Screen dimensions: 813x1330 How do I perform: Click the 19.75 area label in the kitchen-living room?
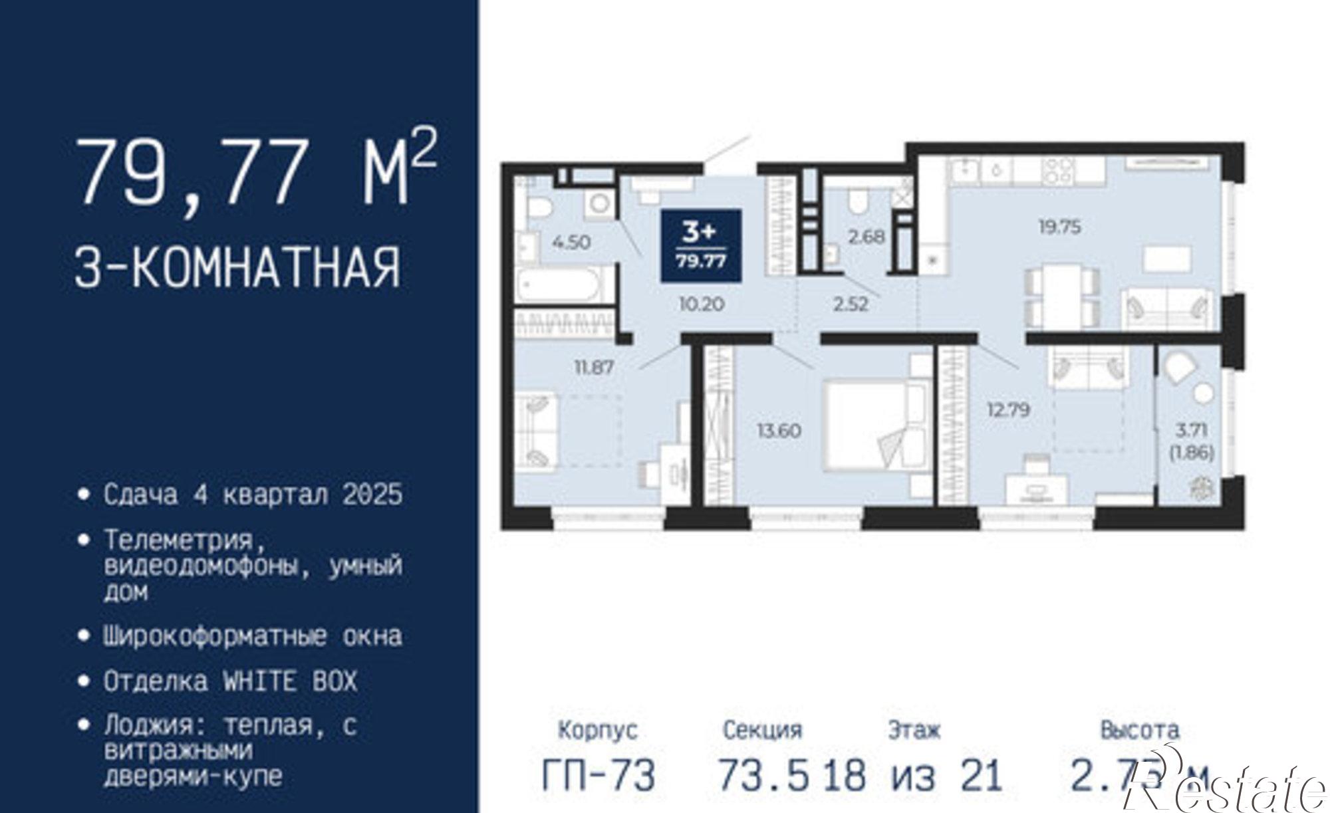(x=1060, y=227)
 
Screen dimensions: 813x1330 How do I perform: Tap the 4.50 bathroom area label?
(x=571, y=242)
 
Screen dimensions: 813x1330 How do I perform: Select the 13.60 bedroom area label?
(x=779, y=431)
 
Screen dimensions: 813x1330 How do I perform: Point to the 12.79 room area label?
(x=1008, y=409)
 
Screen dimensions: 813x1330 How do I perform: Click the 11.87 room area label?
(x=594, y=366)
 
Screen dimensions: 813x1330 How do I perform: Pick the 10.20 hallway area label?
(x=701, y=304)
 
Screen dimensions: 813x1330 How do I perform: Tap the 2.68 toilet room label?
(x=866, y=236)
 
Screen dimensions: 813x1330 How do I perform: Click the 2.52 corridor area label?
(x=851, y=304)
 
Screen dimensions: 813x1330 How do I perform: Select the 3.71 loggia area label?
(x=1191, y=430)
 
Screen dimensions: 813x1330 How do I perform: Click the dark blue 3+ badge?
(x=701, y=245)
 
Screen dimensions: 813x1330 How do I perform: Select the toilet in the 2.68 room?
(x=859, y=201)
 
